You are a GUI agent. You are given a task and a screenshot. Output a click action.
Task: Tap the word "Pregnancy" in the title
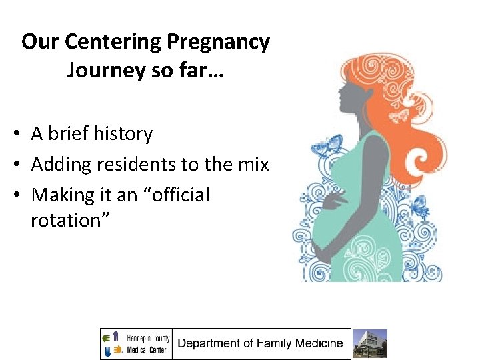218,42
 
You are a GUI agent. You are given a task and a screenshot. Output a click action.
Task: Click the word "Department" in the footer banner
211,344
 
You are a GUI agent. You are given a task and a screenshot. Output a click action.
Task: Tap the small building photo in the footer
369,344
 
